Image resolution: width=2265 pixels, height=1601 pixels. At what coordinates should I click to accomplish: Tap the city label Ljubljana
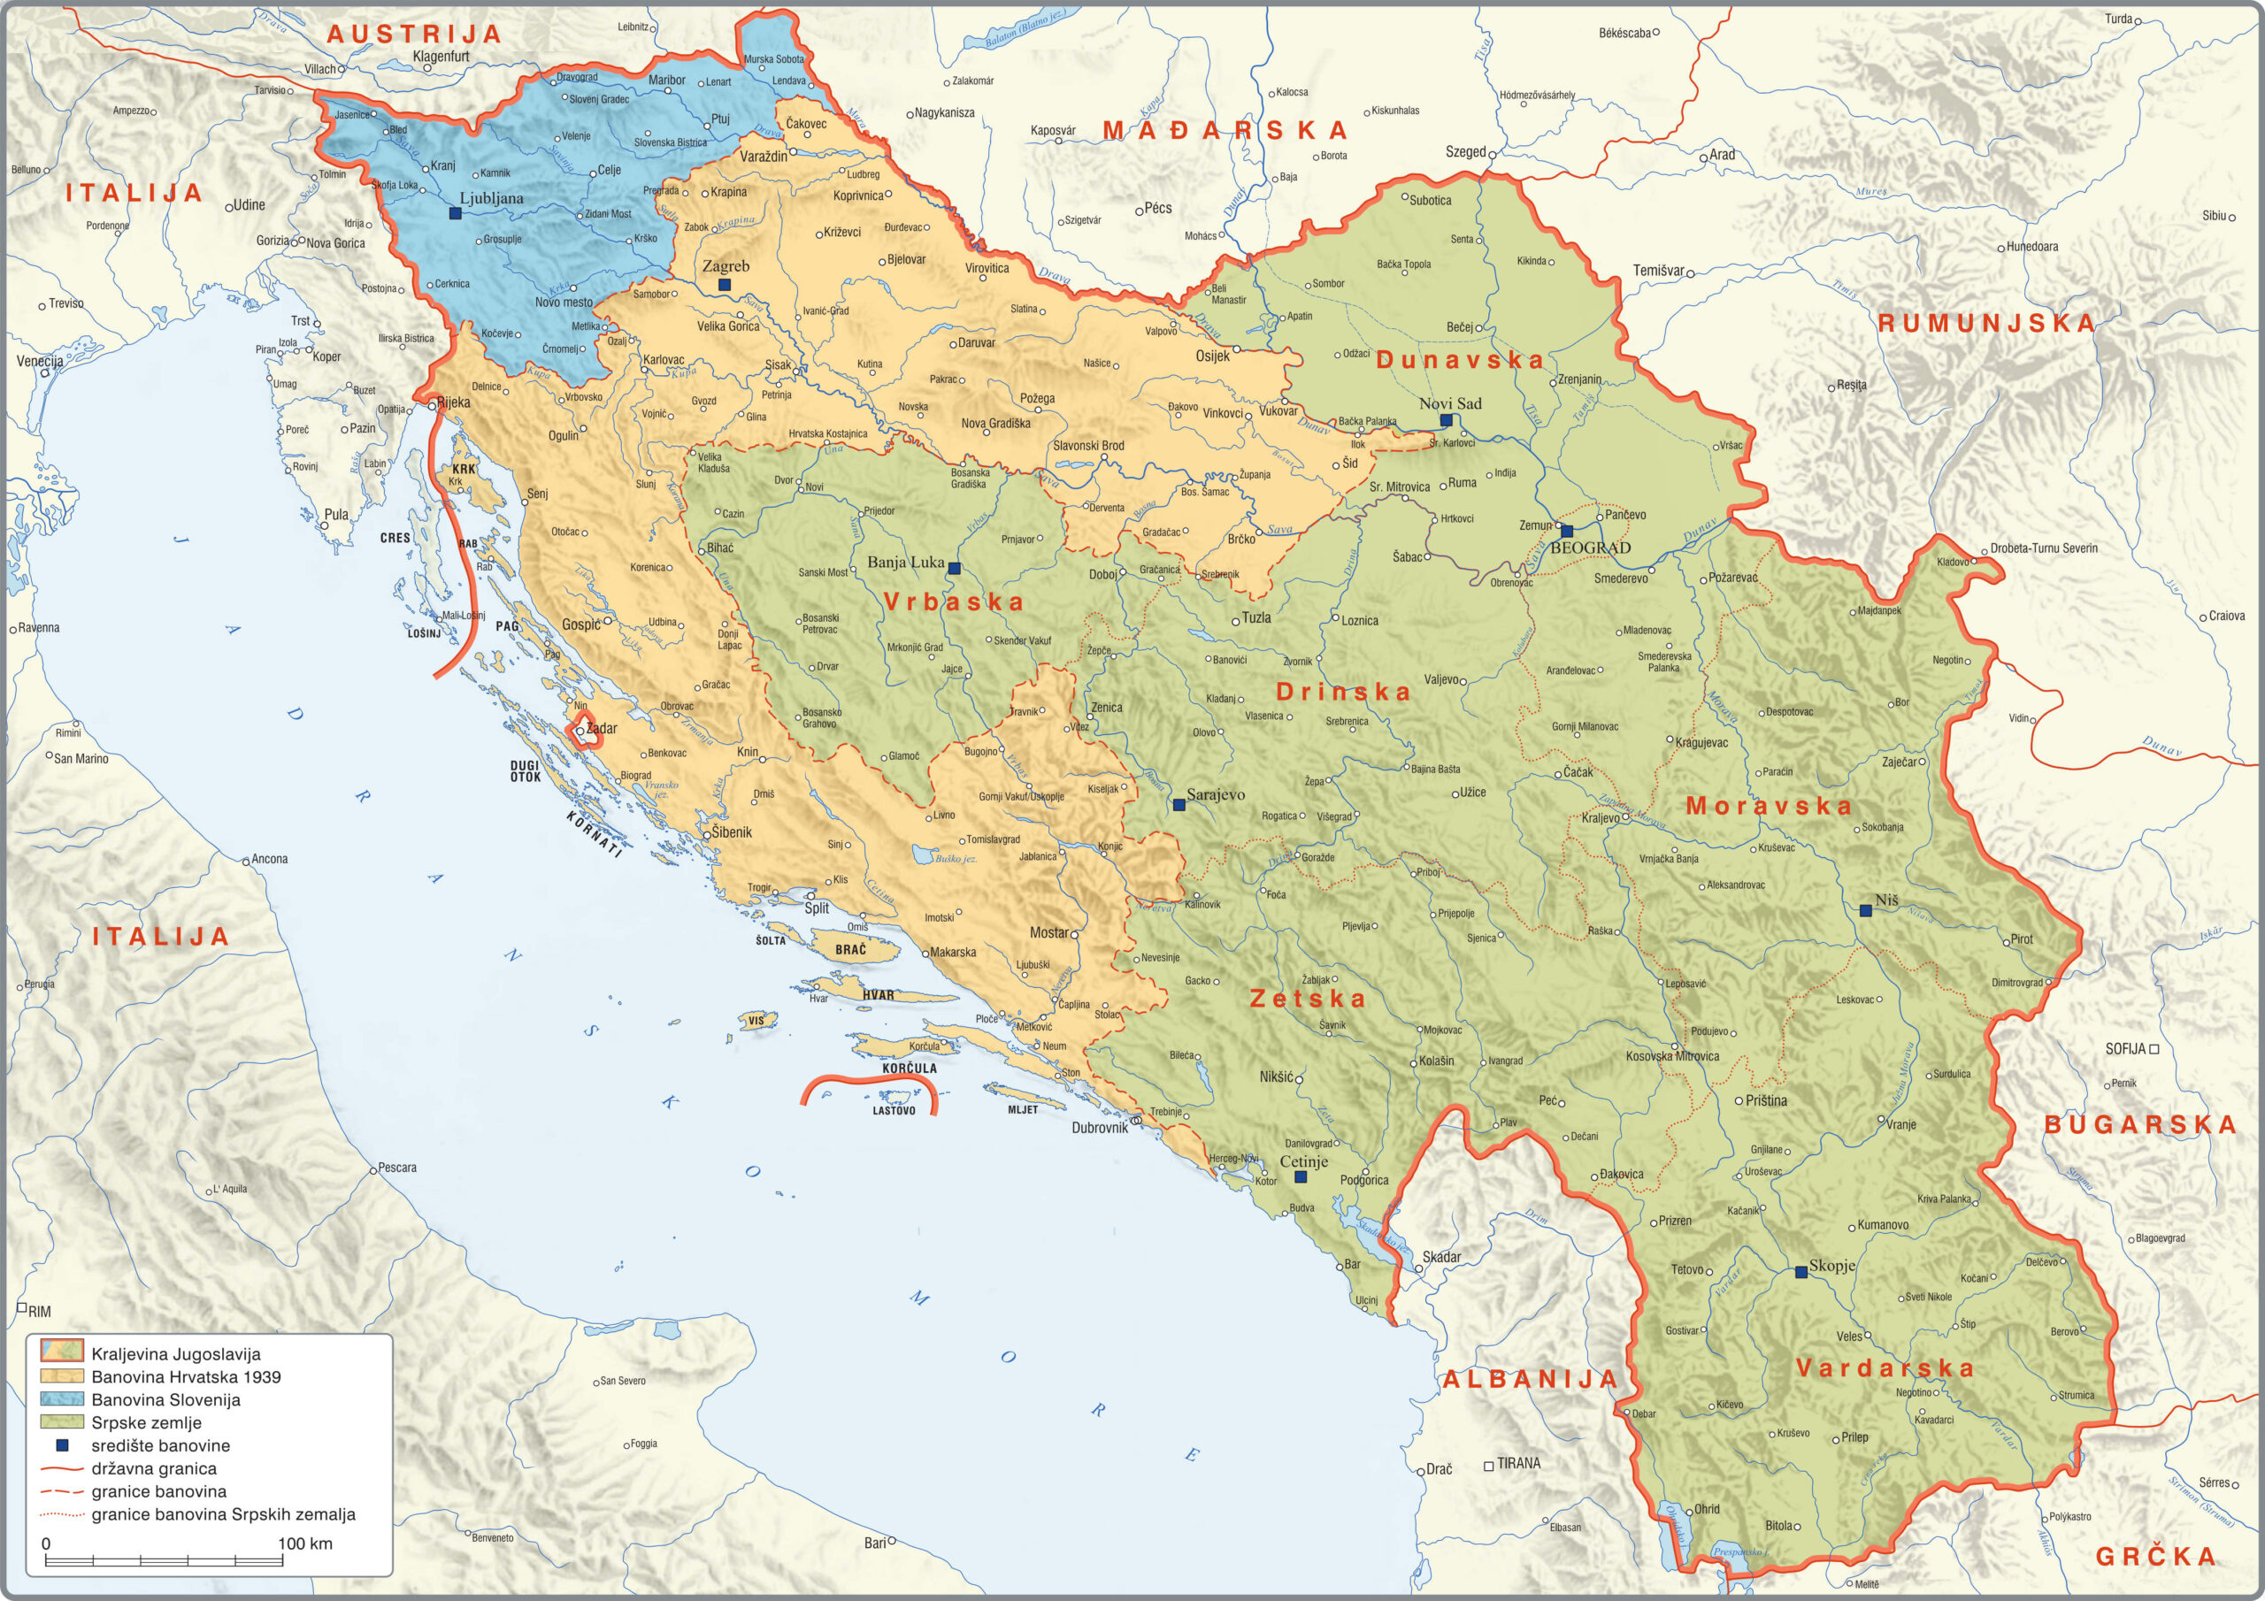tap(491, 198)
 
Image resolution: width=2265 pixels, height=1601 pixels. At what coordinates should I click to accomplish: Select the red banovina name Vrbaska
tap(953, 601)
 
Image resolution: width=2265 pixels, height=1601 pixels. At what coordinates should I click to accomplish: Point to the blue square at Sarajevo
tap(1178, 805)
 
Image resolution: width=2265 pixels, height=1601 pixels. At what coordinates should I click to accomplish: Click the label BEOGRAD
tap(1590, 548)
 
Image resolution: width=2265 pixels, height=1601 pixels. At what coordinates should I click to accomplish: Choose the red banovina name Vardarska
tap(1885, 1368)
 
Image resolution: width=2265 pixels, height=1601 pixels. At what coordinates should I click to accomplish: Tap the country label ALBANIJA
tap(1530, 1379)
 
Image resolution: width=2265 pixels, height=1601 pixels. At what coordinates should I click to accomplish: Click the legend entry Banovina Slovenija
tap(165, 1399)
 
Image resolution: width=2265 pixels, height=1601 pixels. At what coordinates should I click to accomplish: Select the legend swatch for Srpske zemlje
tap(61, 1422)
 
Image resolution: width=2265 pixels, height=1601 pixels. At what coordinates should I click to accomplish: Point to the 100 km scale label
tap(305, 1544)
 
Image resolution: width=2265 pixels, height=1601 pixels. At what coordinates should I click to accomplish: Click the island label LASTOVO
tap(894, 1111)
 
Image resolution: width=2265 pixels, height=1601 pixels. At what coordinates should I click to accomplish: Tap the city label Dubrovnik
tap(1099, 1128)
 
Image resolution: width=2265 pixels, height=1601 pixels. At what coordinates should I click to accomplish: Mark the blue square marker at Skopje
tap(1800, 1273)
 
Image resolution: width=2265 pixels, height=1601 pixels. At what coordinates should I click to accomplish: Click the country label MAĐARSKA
tap(1225, 130)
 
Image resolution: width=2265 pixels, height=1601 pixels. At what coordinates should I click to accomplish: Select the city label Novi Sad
tap(1449, 403)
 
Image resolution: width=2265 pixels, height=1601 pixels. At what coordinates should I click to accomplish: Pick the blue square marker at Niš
tap(1864, 910)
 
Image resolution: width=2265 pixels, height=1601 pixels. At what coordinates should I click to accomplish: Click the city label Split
tap(816, 908)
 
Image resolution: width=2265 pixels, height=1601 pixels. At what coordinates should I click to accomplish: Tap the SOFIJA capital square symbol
tap(2154, 1050)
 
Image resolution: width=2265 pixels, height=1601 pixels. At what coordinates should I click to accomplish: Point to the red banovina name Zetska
tap(1307, 999)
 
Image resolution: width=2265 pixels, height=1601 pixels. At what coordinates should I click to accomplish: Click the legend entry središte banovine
tap(160, 1445)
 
